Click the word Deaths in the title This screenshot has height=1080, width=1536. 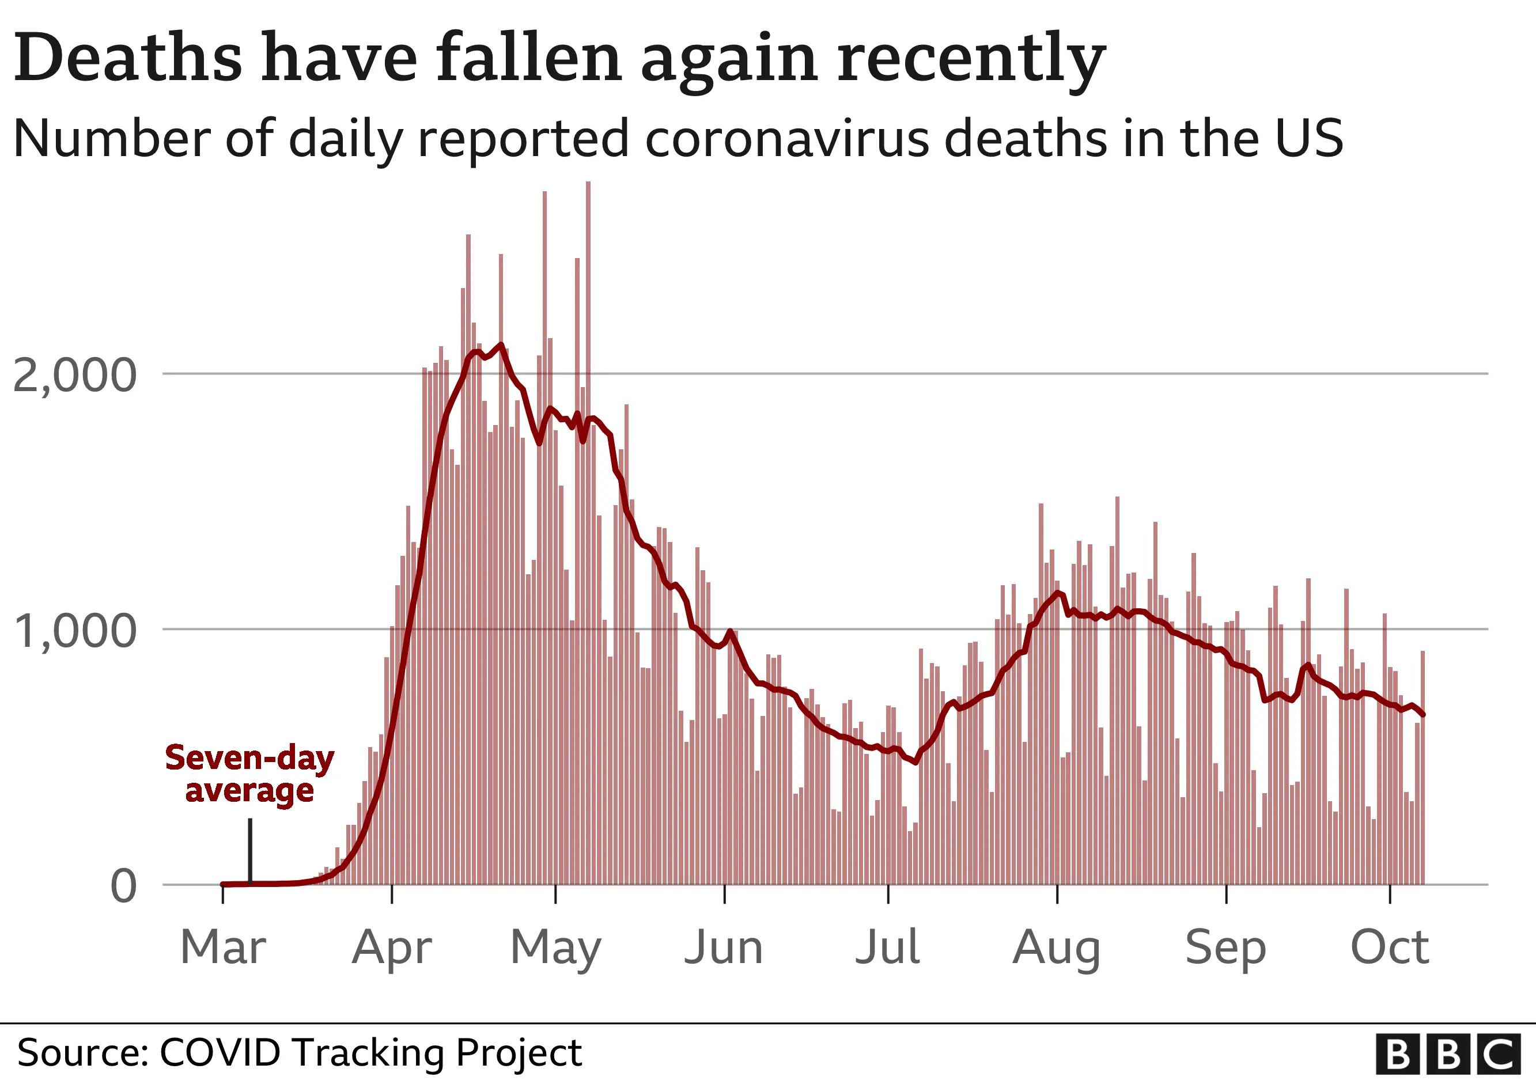[127, 58]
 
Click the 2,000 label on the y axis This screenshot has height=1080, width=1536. [74, 375]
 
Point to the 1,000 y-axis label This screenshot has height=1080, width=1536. [74, 631]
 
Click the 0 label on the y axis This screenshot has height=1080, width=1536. [123, 886]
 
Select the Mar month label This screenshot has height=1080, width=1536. [223, 947]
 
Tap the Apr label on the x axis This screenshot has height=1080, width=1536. [392, 948]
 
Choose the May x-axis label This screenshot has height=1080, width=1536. [555, 948]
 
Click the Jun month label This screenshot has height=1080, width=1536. [724, 947]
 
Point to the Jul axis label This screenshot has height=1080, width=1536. [888, 947]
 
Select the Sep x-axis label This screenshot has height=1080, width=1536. [1225, 948]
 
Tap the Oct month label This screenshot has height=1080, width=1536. [1390, 947]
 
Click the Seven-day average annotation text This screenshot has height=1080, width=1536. [249, 774]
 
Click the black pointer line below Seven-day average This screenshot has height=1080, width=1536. [250, 849]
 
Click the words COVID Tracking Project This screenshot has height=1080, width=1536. [370, 1052]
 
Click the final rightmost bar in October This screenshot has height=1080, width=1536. [1423, 769]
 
